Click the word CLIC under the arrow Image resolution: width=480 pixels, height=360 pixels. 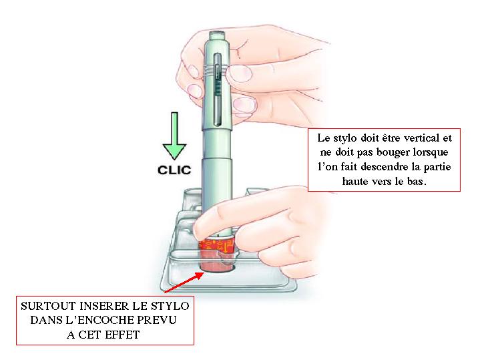(x=174, y=170)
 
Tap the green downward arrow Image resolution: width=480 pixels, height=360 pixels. (x=174, y=136)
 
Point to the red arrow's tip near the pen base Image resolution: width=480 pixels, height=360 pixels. (x=203, y=273)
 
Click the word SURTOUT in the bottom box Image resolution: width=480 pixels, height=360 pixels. (x=48, y=306)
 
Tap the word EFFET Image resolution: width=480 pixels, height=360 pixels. (x=122, y=335)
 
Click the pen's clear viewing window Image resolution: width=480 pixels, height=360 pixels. (x=218, y=89)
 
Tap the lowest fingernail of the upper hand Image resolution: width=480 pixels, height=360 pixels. (x=244, y=105)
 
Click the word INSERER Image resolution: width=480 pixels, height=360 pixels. (x=104, y=306)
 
